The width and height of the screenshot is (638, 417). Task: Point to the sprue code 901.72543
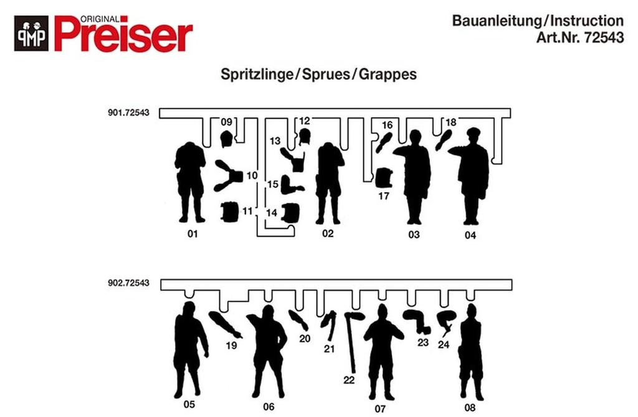[128, 114]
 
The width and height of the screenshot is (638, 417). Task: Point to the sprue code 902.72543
[128, 283]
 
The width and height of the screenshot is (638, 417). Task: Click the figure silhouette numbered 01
[190, 181]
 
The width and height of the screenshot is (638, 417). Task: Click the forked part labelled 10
[228, 175]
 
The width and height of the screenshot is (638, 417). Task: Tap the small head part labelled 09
[226, 139]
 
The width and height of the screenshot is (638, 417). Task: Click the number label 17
[384, 196]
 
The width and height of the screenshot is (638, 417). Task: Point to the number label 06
[269, 406]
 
